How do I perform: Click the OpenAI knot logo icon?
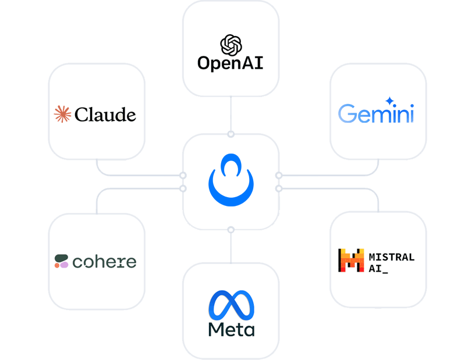(x=231, y=44)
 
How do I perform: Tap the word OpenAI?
(x=231, y=63)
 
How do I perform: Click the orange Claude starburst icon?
(x=62, y=114)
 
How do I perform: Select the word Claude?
(x=105, y=114)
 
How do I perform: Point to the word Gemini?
(x=376, y=113)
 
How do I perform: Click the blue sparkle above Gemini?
(x=390, y=101)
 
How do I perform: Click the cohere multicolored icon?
(x=61, y=262)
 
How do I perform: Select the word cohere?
(x=104, y=262)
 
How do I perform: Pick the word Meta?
(x=231, y=330)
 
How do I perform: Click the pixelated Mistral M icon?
(x=351, y=261)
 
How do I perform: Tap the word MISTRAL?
(x=392, y=256)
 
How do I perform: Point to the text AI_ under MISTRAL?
(x=378, y=268)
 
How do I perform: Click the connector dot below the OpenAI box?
(x=231, y=134)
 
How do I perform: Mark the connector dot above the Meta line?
(x=231, y=230)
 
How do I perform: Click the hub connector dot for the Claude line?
(x=183, y=175)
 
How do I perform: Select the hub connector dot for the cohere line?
(x=183, y=188)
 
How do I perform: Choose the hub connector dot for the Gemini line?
(x=279, y=175)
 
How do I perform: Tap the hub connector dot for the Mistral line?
(x=279, y=188)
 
